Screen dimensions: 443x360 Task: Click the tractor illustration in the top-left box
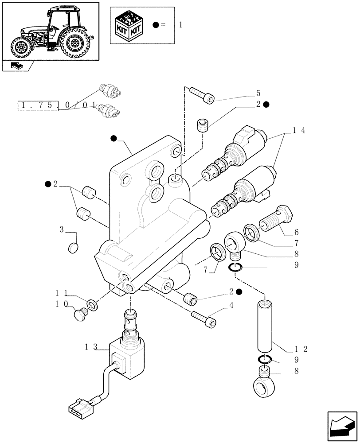pyautogui.click(x=50, y=31)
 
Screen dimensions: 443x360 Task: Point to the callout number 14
pyautogui.click(x=299, y=131)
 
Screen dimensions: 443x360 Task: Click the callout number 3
pyautogui.click(x=63, y=229)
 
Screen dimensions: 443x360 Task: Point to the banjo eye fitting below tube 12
pyautogui.click(x=265, y=385)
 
